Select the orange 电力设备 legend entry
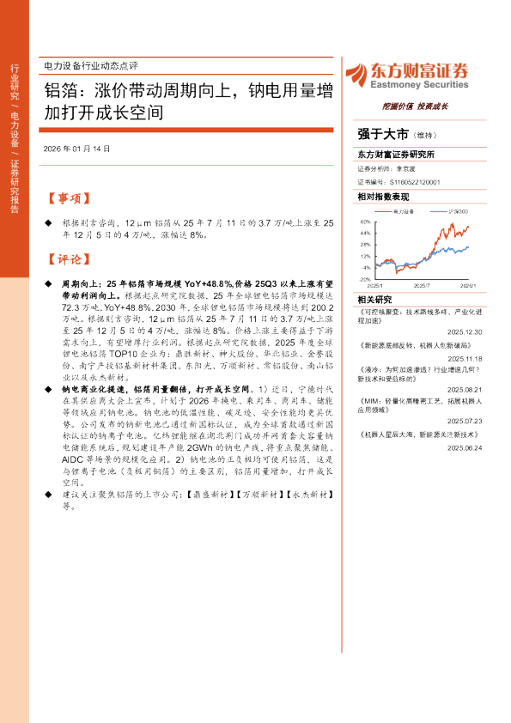404,210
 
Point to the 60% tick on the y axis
366,221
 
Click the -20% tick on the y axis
365,278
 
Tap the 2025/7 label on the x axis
422,284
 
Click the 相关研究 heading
374,299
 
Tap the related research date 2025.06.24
459,447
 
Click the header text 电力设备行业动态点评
90,66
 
